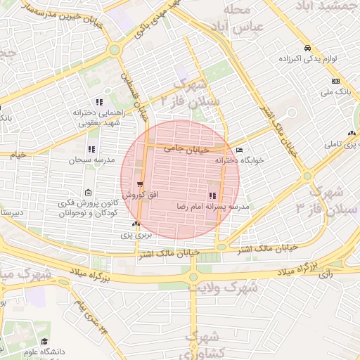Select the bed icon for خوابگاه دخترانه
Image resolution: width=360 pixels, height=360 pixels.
pos(239,150)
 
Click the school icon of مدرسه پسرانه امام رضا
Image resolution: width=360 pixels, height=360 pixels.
pos(212,196)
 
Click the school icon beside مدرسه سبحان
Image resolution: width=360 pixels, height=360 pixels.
pos(91,149)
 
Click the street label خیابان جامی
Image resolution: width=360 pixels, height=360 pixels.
pos(187,149)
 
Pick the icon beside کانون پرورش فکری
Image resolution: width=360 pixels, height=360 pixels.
pos(87,193)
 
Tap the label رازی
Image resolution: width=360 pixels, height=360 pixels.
pos(326,274)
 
